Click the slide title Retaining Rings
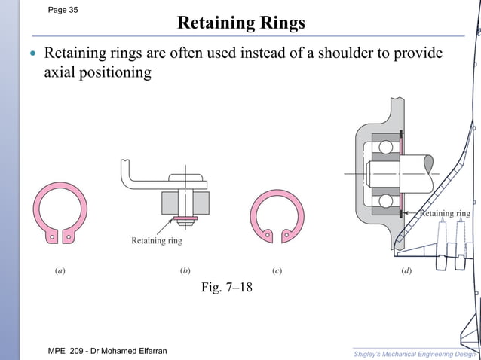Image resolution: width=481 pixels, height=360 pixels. click(x=240, y=23)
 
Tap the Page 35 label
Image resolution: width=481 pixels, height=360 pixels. click(x=63, y=10)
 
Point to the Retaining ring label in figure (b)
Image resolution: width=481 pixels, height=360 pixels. click(x=157, y=241)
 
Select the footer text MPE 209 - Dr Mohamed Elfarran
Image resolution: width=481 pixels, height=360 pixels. click(x=107, y=352)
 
